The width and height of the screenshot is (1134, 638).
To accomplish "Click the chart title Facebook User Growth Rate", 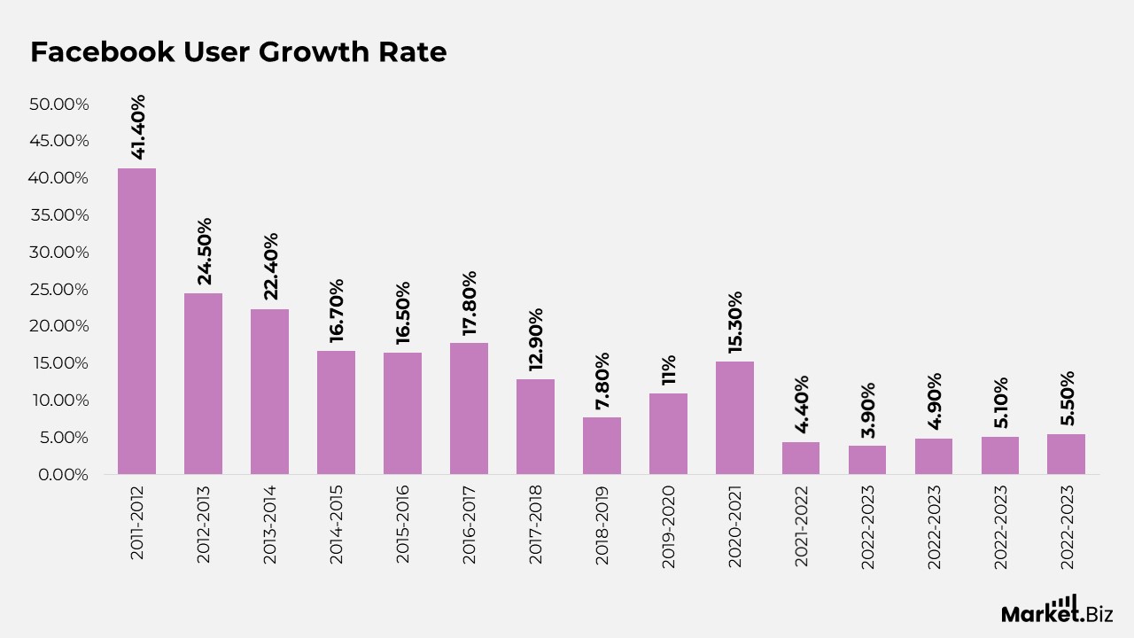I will pos(238,52).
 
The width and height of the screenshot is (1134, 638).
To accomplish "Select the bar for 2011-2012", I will pos(136,321).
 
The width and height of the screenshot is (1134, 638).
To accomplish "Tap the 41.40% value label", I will pos(137,127).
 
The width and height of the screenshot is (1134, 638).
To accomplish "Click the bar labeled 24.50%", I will pos(203,383).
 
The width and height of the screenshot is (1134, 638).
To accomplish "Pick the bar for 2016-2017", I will pos(469,408).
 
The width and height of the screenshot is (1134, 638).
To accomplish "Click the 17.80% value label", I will pos(470,303).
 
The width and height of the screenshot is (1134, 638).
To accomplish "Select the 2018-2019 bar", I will pos(602,445).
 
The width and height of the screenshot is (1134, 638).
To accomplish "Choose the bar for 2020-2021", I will pos(734,416).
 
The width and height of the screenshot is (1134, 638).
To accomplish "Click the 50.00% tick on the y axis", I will pos(59,105).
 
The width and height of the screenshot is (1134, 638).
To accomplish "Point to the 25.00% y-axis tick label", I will pos(59,290).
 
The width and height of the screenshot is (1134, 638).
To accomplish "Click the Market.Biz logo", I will pos(1057,611).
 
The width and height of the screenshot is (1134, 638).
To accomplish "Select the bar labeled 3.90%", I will pos(866,459).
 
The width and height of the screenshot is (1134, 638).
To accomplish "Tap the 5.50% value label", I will pos(1067,401).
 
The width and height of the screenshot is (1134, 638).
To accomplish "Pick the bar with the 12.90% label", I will pos(535,426).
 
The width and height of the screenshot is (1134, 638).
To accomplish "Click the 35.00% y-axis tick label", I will pos(59,215).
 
